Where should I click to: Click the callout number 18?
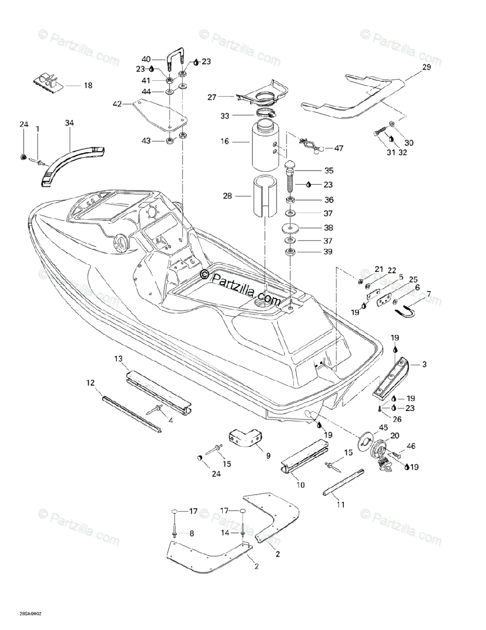(88, 86)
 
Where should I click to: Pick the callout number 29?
(427, 67)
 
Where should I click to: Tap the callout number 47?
(339, 148)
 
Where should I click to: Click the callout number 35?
(329, 170)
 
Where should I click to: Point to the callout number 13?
(119, 359)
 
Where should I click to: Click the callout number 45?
(384, 426)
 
